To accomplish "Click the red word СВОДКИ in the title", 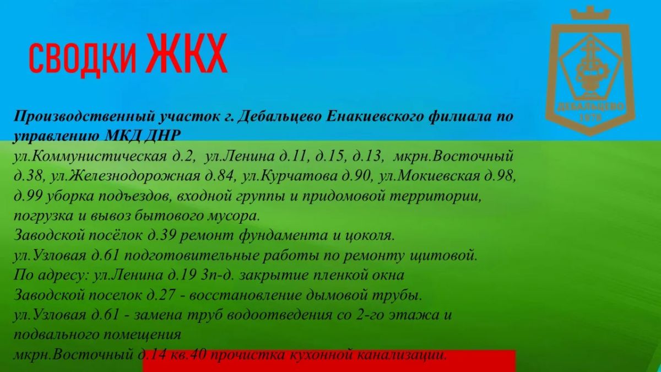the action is (82, 59).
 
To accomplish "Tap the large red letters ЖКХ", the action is (188, 53).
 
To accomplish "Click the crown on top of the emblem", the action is (590, 14).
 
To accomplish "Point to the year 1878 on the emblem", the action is (590, 118).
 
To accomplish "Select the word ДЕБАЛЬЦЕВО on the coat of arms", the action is (590, 107).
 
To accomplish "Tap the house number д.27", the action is (162, 295).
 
